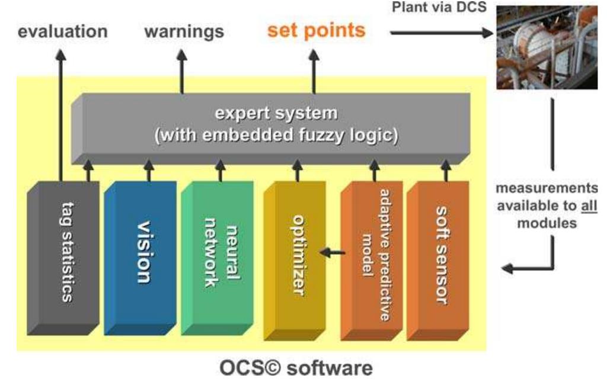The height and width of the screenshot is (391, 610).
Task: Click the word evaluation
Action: [62, 32]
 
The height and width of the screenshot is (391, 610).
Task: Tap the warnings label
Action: [184, 32]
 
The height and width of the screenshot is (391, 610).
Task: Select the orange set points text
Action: [316, 30]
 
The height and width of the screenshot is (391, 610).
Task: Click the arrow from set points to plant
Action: [442, 33]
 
